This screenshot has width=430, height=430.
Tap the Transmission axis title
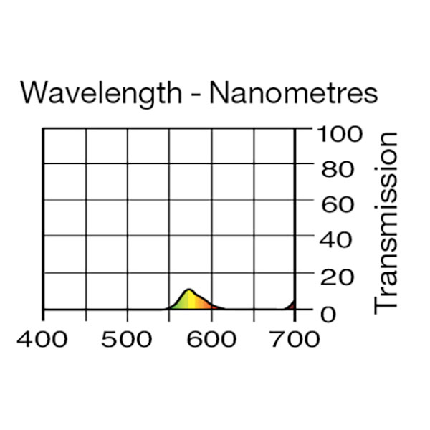tap(387, 221)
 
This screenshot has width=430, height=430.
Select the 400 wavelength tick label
tap(43, 338)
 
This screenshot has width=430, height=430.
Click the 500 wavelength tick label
tap(127, 338)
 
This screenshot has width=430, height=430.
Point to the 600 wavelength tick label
tap(212, 338)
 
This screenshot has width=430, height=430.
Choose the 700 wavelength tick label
tap(295, 338)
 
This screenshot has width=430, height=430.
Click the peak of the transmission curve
tap(189, 290)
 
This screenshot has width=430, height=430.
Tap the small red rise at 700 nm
tap(292, 305)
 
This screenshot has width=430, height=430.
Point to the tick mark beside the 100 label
tap(304, 130)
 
